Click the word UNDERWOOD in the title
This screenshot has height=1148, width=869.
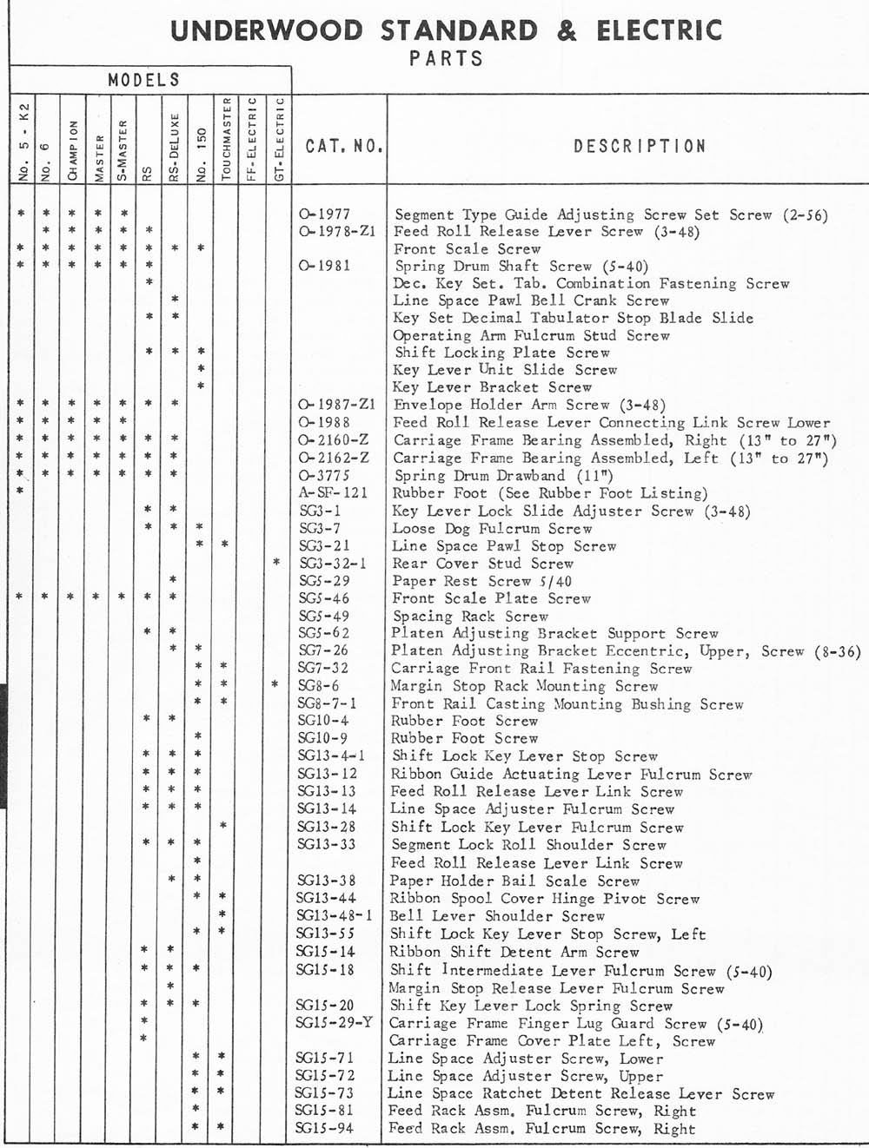pos(268,31)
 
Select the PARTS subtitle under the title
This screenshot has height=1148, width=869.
pos(446,59)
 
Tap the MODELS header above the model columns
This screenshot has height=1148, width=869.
pos(144,80)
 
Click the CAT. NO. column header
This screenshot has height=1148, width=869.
pos(344,146)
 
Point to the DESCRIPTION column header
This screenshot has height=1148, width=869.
pos(640,146)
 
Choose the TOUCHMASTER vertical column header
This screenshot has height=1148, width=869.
pos(226,139)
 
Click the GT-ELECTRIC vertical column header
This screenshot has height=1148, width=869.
pos(278,139)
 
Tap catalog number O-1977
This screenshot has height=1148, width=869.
pos(324,214)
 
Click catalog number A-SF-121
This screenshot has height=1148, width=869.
pos(334,492)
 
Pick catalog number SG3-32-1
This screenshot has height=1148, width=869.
pos(333,563)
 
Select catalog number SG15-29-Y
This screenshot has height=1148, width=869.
pos(335,1023)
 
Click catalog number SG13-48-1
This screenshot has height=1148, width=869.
pos(335,915)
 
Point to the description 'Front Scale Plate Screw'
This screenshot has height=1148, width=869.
pos(491,598)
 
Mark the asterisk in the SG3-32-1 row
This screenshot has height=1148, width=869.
pos(276,563)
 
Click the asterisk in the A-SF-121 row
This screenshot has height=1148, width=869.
pos(20,492)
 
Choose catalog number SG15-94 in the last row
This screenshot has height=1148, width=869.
pos(325,1128)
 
